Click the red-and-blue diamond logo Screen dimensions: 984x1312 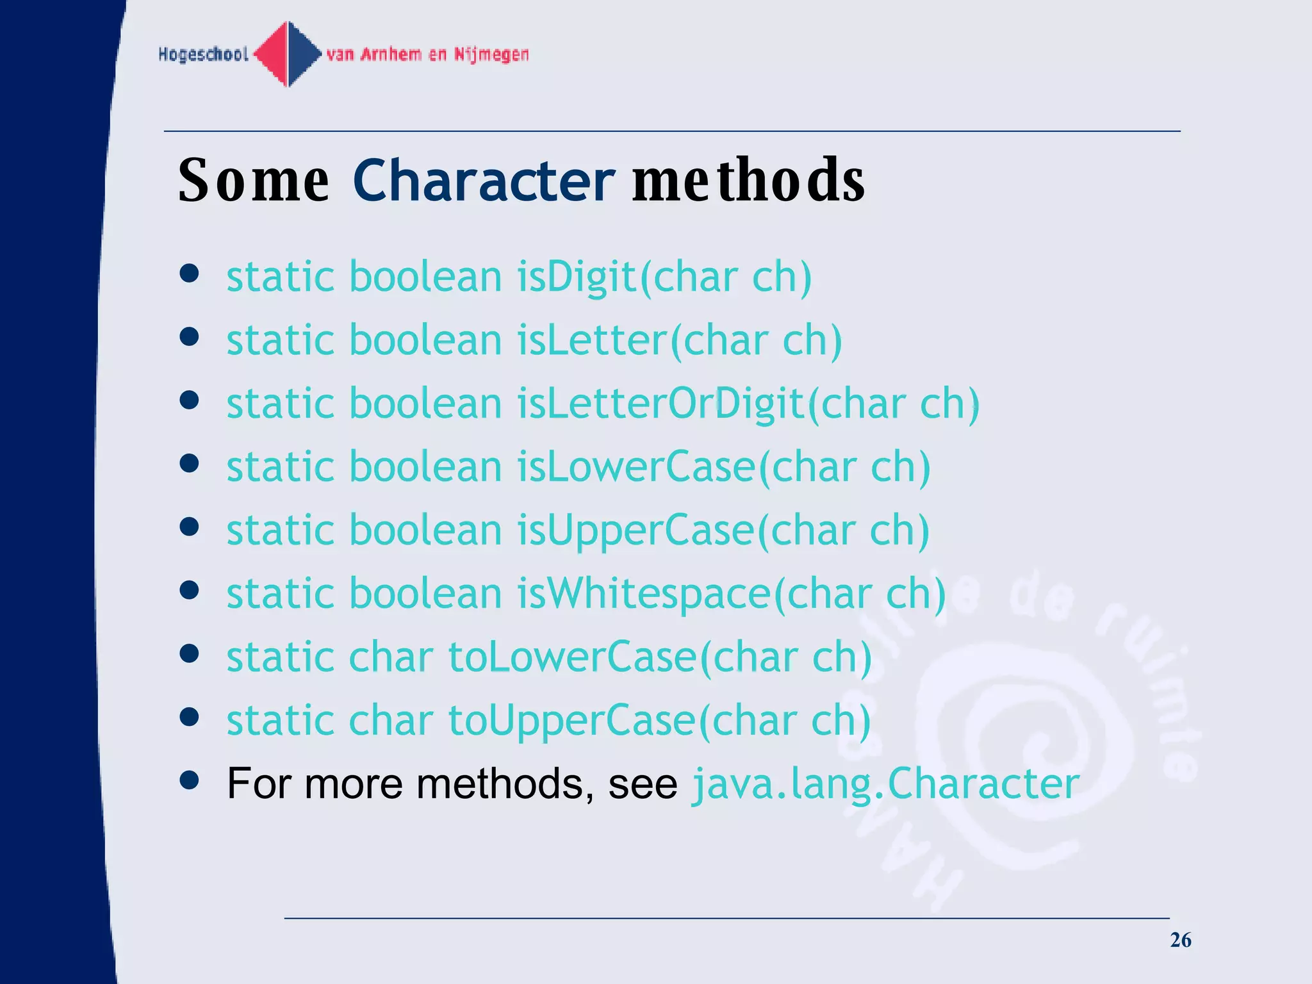coord(288,54)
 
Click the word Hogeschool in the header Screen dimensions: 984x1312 coord(203,54)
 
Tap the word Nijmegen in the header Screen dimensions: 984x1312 coord(491,54)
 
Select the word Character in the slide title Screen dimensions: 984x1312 coord(484,181)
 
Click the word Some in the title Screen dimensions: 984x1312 coord(254,181)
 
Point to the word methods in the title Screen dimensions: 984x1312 coord(748,181)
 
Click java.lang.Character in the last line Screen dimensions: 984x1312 coord(885,783)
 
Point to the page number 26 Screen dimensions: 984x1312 coord(1180,940)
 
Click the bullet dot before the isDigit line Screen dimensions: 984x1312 coord(189,274)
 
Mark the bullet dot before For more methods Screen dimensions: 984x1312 coord(189,780)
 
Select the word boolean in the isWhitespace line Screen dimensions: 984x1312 coord(425,593)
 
